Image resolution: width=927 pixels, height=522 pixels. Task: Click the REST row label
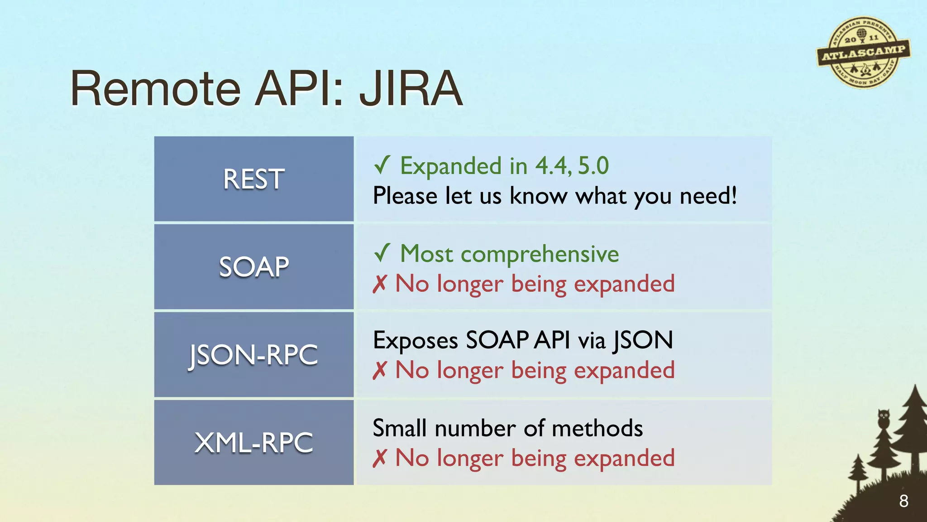click(x=253, y=179)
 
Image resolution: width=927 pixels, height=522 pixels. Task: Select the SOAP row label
click(x=253, y=266)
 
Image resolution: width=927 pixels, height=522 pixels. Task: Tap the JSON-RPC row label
click(x=253, y=354)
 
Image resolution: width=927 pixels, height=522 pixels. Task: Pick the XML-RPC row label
click(x=253, y=442)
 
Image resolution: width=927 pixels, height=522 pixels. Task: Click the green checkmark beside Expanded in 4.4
click(x=382, y=165)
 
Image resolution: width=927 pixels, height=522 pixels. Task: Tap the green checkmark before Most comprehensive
click(x=382, y=253)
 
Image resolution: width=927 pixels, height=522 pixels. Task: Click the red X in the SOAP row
click(x=380, y=284)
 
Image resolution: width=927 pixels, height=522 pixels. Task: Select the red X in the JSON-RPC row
click(x=380, y=371)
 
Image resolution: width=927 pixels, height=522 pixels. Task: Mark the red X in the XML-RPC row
click(x=380, y=458)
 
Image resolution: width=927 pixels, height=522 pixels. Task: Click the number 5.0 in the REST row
click(x=593, y=166)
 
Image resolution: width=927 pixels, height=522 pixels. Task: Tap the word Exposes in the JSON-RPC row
click(x=415, y=341)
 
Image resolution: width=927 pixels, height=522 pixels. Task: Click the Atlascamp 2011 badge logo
click(x=863, y=53)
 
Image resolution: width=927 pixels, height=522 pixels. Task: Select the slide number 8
click(x=903, y=501)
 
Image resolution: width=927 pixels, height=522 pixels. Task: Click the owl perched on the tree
click(x=884, y=418)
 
